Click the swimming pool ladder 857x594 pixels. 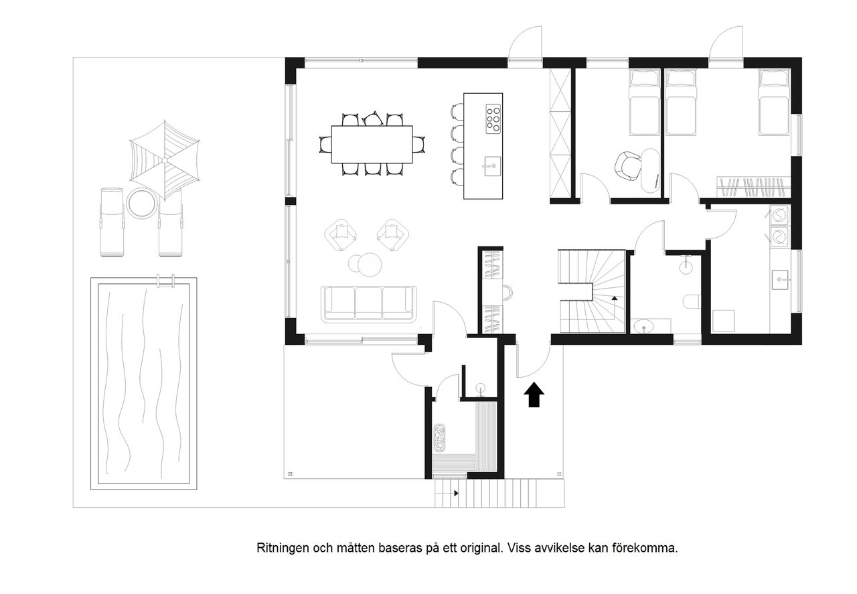coord(165,281)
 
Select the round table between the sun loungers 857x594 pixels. coord(141,204)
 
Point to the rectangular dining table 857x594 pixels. coord(371,144)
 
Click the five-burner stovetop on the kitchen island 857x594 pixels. coord(493,118)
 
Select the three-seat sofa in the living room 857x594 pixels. coord(369,303)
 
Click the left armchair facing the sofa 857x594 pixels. coord(341,234)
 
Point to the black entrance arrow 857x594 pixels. coord(534,394)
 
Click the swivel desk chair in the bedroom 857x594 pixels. coord(629,165)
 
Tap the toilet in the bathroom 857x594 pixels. coord(691,301)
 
